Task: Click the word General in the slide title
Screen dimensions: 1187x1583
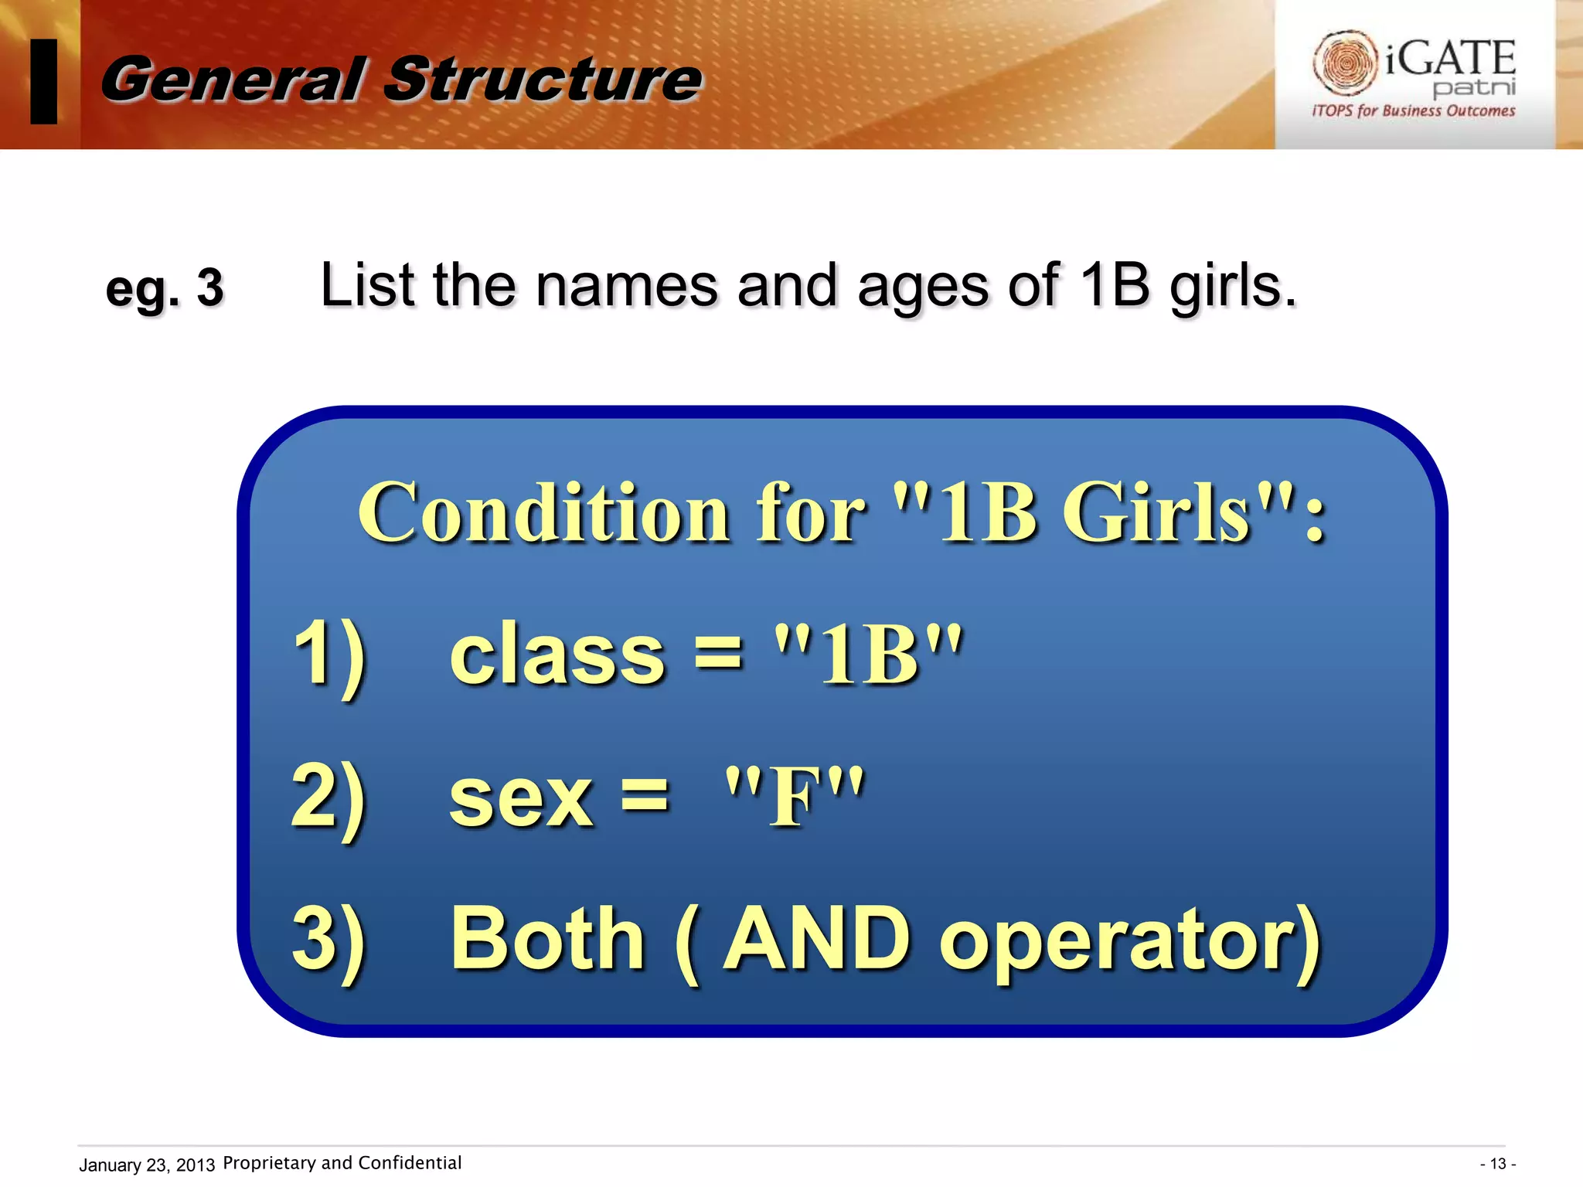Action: point(232,80)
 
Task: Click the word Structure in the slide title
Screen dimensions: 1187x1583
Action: point(543,80)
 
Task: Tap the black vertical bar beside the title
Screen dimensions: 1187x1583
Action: point(44,81)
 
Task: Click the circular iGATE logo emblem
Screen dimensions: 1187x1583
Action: point(1345,62)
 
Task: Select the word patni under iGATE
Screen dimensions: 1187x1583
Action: point(1474,87)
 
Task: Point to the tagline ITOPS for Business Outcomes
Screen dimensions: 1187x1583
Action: point(1413,111)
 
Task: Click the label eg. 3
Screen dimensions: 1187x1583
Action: point(164,288)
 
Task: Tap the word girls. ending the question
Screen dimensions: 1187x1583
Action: point(1232,286)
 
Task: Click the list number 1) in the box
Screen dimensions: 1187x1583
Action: point(329,655)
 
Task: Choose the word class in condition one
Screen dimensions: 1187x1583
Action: point(557,655)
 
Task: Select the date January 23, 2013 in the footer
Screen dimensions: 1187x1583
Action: point(147,1165)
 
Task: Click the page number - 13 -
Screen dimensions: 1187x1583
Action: point(1497,1164)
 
